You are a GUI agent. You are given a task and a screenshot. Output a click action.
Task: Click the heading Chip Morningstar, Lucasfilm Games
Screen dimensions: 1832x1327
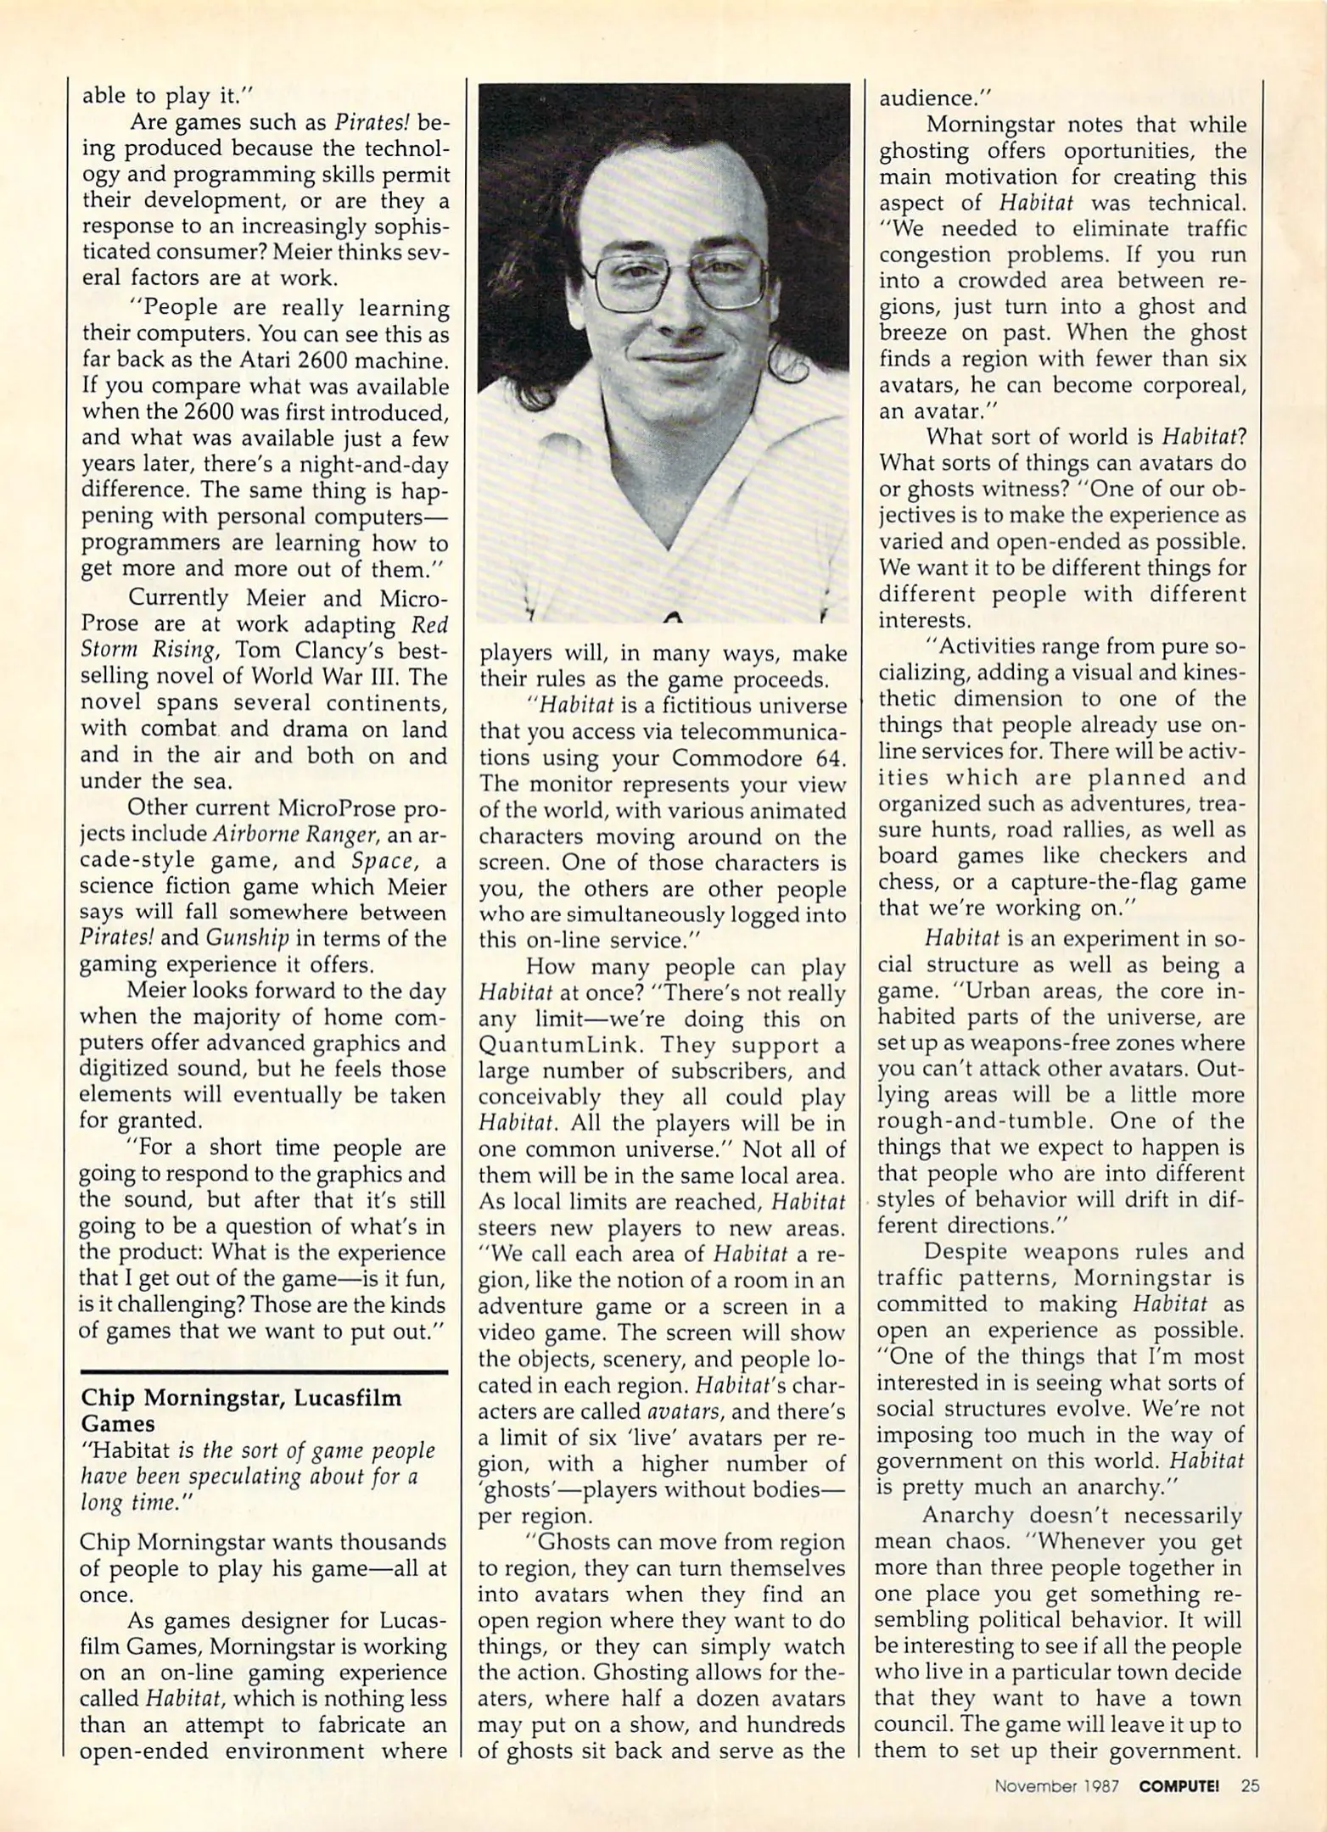point(241,1410)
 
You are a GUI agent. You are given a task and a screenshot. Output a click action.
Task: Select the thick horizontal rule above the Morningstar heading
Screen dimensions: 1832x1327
point(263,1371)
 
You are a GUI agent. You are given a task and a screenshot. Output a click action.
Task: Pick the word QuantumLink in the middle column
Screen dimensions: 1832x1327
point(552,1046)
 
